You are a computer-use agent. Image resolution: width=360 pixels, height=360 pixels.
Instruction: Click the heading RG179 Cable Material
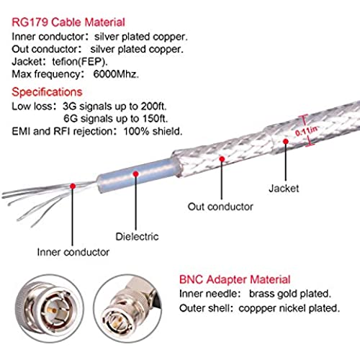pos(68,22)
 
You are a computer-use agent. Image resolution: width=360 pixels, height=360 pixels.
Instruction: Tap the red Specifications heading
pos(47,92)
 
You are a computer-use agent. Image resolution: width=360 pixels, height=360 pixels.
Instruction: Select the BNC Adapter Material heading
pos(235,279)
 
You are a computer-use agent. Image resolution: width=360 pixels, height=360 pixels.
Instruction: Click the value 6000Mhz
pos(116,74)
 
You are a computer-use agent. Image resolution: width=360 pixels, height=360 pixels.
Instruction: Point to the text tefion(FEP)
pos(80,62)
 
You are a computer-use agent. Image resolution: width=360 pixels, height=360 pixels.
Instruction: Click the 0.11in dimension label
pos(306,130)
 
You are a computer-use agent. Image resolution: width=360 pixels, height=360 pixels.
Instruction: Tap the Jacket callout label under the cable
pos(284,189)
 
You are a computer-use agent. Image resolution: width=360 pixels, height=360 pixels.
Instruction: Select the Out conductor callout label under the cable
pos(220,207)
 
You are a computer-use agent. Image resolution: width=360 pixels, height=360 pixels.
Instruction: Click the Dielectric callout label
pos(137,237)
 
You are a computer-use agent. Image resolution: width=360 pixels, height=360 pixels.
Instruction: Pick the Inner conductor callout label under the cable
pos(73,252)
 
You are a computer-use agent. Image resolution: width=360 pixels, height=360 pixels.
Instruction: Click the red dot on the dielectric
pos(136,174)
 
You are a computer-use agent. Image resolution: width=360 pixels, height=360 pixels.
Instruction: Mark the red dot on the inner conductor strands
pos(73,186)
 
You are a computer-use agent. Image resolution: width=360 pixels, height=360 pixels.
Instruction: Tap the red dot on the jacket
pos(286,141)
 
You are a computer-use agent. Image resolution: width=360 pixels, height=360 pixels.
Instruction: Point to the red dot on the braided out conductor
pos(222,159)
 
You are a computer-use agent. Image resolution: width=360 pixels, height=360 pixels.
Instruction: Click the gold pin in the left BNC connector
pos(52,310)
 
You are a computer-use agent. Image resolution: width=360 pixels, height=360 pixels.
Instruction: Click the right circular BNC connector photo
pos(127,309)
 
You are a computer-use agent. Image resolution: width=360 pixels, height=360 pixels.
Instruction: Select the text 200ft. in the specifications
pos(153,107)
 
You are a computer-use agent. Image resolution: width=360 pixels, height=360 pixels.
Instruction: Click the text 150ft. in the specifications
pos(155,119)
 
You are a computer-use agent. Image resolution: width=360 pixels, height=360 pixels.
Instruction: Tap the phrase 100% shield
pos(153,131)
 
